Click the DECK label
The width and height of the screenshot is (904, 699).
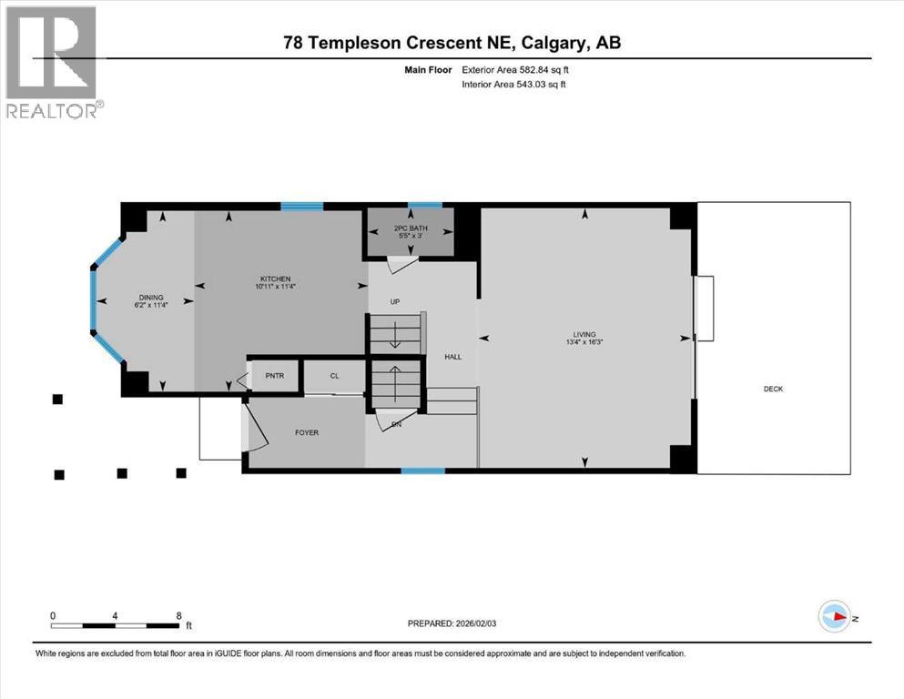[773, 390]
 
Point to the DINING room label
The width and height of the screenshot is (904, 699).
[151, 296]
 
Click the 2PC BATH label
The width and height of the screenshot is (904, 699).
[410, 228]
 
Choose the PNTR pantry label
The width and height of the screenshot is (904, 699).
[275, 375]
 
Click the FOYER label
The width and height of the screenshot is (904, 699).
[307, 432]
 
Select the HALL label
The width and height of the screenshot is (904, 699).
[452, 357]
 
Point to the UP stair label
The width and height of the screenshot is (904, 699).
[395, 301]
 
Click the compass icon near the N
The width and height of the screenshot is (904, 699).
[833, 618]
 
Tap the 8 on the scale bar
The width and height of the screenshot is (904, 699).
[179, 615]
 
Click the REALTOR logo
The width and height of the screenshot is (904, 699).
[52, 62]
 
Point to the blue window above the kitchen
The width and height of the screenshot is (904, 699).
[301, 207]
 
